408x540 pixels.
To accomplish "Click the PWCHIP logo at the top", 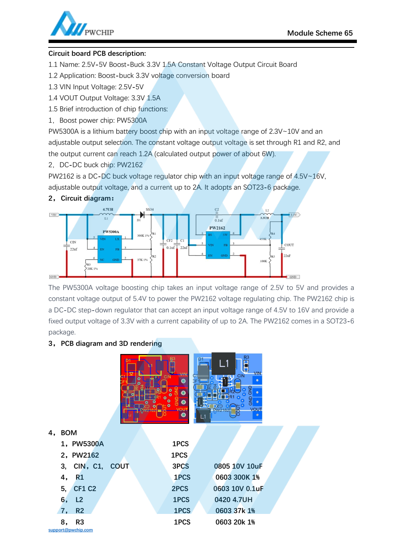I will pyautogui.click(x=82, y=25).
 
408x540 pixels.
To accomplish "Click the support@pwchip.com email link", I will pyautogui.click(x=70, y=530).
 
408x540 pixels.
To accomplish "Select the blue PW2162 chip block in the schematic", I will pyautogui.click(x=218, y=245).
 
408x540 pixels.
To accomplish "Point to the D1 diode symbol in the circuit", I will pyautogui.click(x=142, y=215).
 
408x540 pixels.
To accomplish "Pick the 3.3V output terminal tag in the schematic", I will pyautogui.click(x=294, y=215).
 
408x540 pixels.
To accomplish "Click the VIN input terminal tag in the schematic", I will pyautogui.click(x=54, y=215).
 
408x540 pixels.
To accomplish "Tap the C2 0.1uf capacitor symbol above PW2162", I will pyautogui.click(x=217, y=214).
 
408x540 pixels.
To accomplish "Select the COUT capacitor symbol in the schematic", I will pyautogui.click(x=282, y=249).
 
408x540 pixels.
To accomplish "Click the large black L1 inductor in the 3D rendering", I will pyautogui.click(x=224, y=364).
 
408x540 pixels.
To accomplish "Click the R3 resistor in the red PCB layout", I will pyautogui.click(x=172, y=366).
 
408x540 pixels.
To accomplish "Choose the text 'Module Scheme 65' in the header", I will pyautogui.click(x=320, y=33).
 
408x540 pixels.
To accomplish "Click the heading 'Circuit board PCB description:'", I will pyautogui.click(x=97, y=53).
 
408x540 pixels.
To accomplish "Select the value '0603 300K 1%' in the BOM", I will pyautogui.click(x=237, y=477).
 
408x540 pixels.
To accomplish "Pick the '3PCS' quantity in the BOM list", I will pyautogui.click(x=180, y=466).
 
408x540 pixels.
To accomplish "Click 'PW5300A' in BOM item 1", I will pyautogui.click(x=88, y=444).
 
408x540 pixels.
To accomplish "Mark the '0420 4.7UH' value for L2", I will pyautogui.click(x=233, y=500).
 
